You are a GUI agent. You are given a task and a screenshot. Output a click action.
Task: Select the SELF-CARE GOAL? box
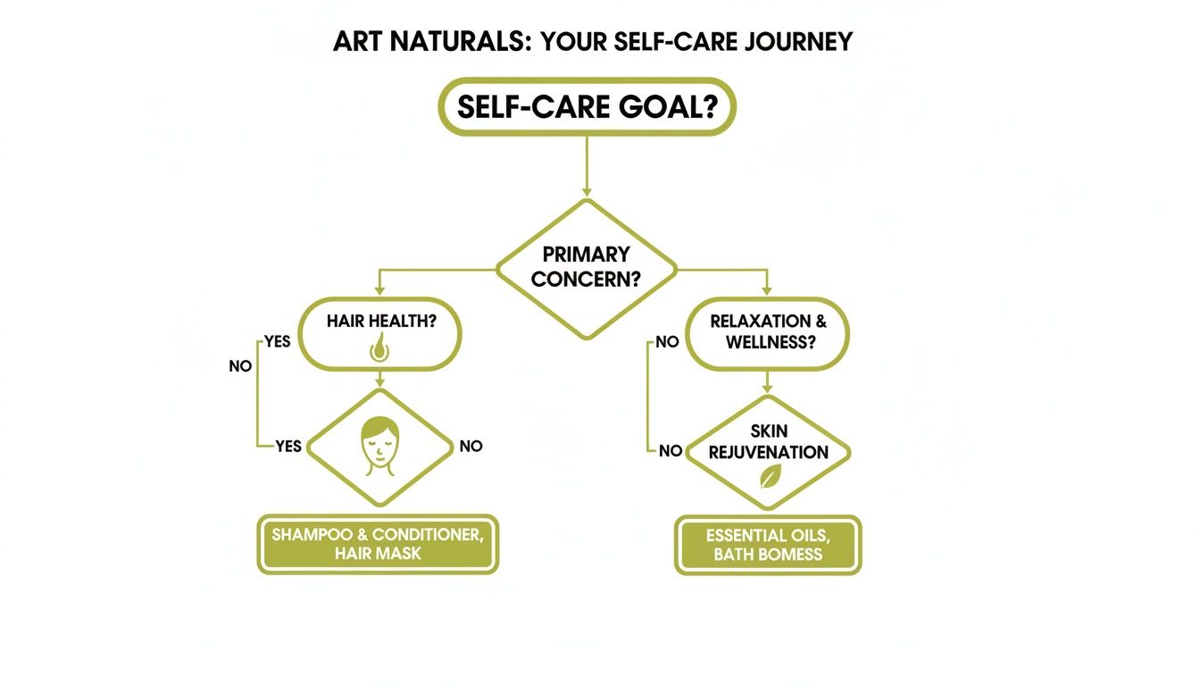587,106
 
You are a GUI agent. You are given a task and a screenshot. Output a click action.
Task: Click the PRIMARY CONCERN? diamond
587,267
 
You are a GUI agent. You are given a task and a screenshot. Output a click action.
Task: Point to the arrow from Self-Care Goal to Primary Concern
587,165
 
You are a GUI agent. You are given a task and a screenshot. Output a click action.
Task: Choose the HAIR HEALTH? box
380,333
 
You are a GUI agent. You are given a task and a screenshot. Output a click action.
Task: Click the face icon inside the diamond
379,446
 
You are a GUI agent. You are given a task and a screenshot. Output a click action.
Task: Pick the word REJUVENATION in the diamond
769,452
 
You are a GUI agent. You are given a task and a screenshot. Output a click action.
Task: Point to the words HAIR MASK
378,554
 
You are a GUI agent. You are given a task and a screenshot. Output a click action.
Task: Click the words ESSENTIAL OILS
768,536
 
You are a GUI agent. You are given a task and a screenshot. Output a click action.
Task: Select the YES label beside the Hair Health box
277,342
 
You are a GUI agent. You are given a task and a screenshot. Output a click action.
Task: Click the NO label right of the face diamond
471,446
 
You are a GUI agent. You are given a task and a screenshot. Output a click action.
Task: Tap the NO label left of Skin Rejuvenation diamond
671,451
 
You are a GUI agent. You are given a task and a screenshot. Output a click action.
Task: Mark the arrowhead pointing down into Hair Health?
379,290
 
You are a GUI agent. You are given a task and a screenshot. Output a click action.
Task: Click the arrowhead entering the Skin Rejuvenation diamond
767,390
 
